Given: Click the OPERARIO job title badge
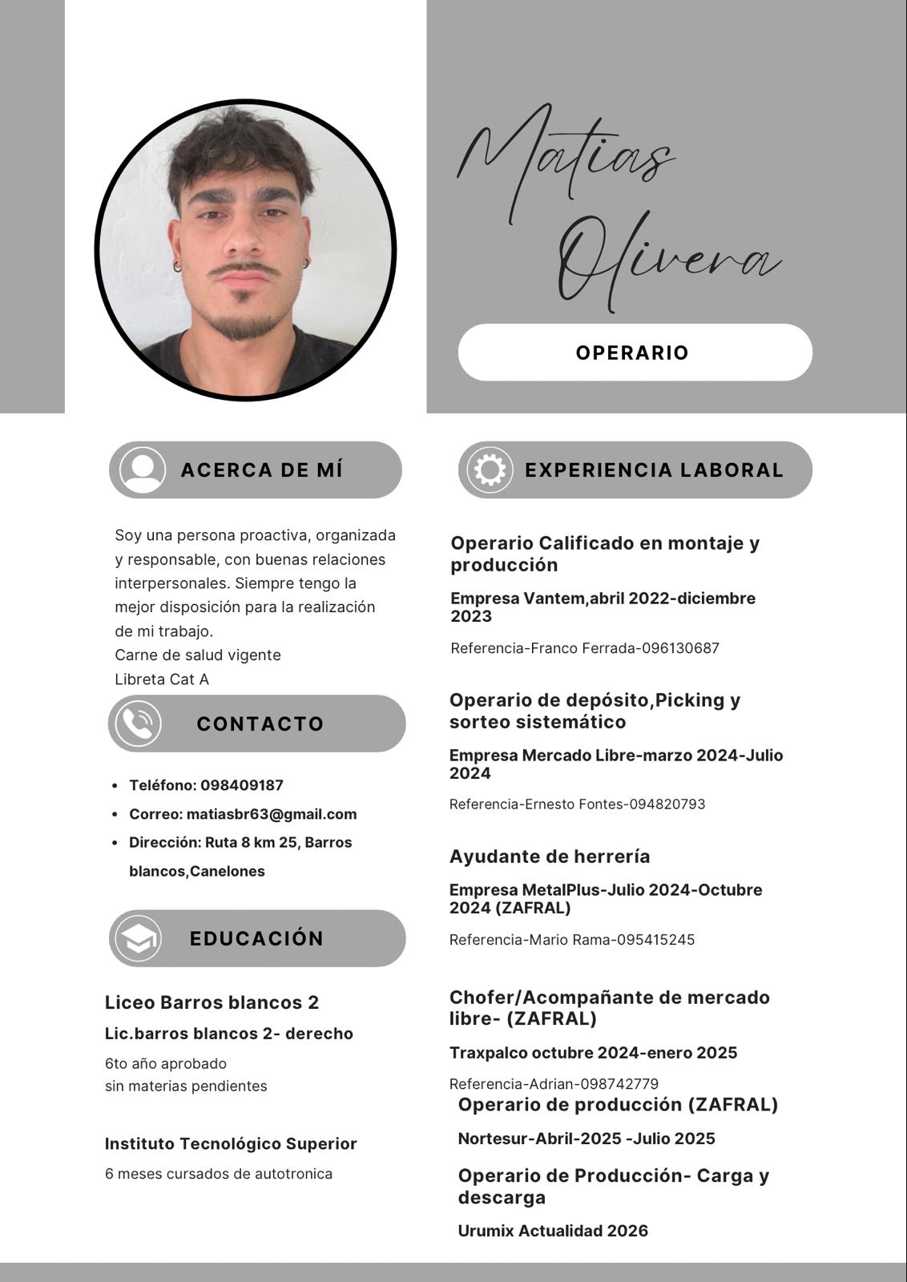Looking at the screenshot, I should coord(635,353).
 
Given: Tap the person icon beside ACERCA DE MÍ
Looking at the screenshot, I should coord(143,470).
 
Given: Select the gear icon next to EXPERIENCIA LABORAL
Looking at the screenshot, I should coord(490,470).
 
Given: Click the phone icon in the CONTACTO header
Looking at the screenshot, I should coord(138,724).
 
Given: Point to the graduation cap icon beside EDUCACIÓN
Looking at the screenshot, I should coord(139,938).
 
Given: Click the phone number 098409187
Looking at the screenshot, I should coord(242,785).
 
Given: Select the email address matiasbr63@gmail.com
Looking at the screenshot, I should coord(272,814).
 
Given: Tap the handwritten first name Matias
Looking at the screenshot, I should coord(566,160).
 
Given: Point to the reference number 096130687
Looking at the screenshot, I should coord(680,648).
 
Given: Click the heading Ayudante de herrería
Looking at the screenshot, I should coord(550,857).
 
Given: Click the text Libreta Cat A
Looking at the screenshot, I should coord(162,679).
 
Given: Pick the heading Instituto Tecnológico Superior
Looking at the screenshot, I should coord(231,1143).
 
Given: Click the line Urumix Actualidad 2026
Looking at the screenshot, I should coord(553,1231).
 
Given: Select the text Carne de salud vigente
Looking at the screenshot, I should coord(198,655).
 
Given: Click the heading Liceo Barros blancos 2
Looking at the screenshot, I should coord(212,1002).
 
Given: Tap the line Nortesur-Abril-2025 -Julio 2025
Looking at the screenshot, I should coord(587,1139).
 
